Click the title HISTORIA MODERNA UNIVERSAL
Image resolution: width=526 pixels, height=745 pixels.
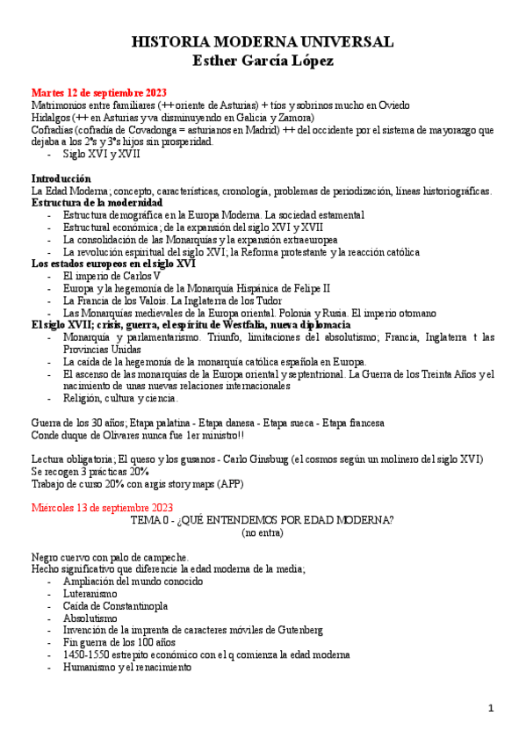(x=262, y=42)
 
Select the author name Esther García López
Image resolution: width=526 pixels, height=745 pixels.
(x=262, y=61)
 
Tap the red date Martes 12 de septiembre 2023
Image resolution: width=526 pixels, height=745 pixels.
(x=99, y=92)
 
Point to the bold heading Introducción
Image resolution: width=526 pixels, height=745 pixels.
(x=61, y=178)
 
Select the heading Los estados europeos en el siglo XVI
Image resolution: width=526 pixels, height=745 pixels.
(x=113, y=264)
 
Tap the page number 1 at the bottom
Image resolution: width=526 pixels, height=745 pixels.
(x=492, y=708)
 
